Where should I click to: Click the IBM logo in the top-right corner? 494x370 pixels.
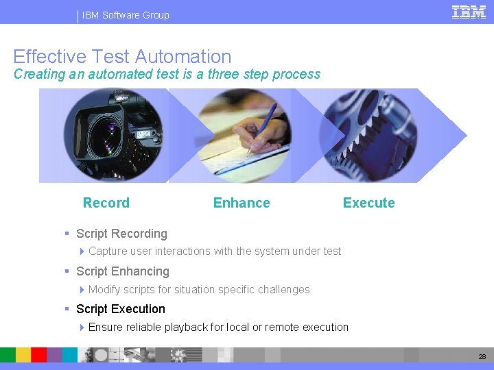(x=469, y=12)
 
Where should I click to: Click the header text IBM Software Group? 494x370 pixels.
(x=126, y=15)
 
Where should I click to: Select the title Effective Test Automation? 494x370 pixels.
(x=122, y=56)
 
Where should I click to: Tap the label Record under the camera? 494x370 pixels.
(x=106, y=203)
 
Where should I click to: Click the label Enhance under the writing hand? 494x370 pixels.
(x=242, y=203)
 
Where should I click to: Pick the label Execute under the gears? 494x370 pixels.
(x=368, y=203)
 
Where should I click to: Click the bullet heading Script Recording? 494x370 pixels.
(x=121, y=234)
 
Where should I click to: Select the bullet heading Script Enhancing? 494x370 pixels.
(x=122, y=271)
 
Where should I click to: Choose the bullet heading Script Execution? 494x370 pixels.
(x=121, y=309)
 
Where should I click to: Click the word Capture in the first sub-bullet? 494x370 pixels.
(x=108, y=251)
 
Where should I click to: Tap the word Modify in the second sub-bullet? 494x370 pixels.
(x=105, y=290)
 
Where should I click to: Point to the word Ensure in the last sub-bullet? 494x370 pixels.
(x=106, y=328)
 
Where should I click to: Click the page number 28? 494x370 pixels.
(x=482, y=356)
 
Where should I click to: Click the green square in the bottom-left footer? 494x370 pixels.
(x=8, y=354)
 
